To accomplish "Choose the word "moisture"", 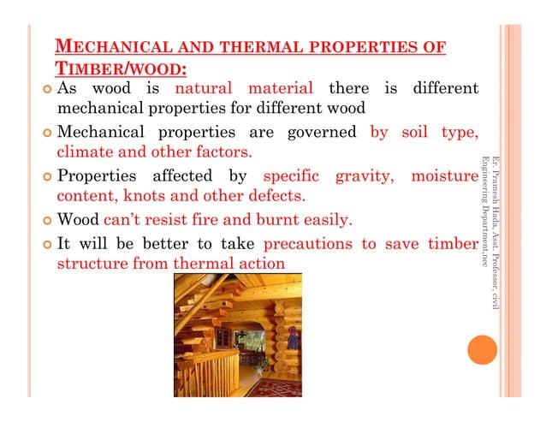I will (443, 177).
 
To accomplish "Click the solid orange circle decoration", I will (483, 351).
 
